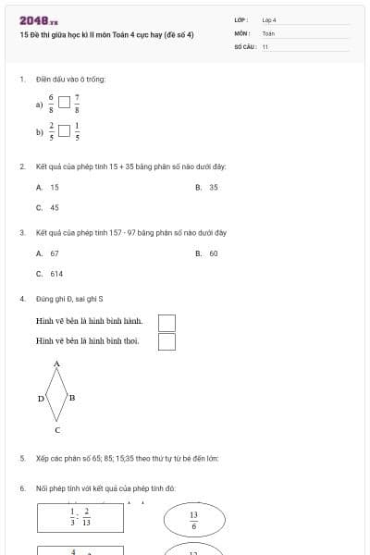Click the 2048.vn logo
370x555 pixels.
[38, 19]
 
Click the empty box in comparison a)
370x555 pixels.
[64, 105]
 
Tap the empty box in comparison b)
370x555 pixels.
[64, 131]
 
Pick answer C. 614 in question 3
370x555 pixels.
[50, 274]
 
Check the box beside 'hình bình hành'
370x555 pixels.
[166, 322]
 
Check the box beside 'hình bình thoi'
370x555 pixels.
[166, 342]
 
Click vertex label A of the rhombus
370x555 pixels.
[56, 364]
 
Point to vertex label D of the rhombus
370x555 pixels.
[41, 399]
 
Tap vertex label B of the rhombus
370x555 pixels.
[72, 398]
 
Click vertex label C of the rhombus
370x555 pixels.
[57, 430]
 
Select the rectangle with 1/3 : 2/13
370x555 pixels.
[80, 517]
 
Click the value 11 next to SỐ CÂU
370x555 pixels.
[265, 45]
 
